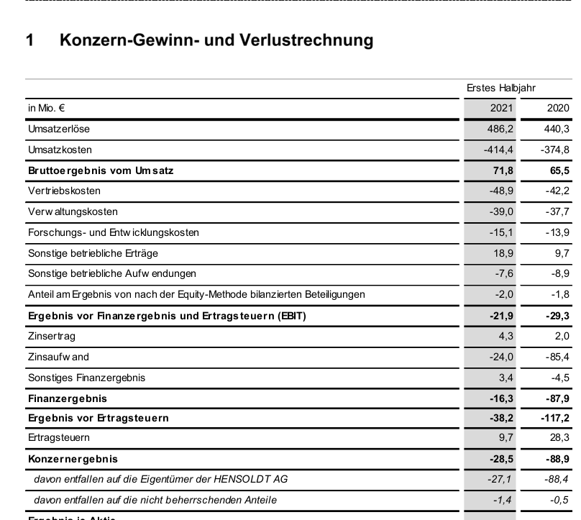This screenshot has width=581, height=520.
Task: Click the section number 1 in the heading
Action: click(x=30, y=40)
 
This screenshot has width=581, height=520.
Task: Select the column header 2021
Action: click(x=501, y=109)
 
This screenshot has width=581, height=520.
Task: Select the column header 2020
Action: click(x=558, y=109)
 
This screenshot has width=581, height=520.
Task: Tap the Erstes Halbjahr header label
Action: click(x=500, y=88)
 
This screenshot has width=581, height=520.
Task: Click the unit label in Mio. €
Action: click(x=47, y=109)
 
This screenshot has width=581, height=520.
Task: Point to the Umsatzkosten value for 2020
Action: click(x=555, y=150)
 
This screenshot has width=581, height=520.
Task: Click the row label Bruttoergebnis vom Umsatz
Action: click(x=101, y=170)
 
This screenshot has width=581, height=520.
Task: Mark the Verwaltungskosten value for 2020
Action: click(x=557, y=212)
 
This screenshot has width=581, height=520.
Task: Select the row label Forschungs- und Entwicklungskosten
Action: click(x=114, y=232)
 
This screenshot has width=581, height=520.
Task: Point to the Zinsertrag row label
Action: click(x=52, y=336)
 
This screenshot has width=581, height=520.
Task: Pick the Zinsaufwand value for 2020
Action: click(x=557, y=357)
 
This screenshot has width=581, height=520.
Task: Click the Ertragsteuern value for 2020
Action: click(x=559, y=437)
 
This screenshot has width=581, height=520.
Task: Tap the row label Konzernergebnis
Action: click(x=73, y=458)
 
